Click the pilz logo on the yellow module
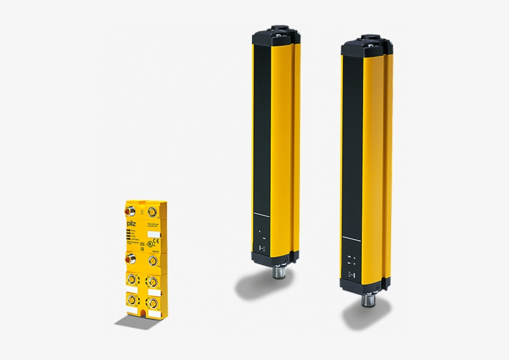click(132, 223)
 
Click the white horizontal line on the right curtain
click(351, 241)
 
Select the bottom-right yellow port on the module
click(151, 304)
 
